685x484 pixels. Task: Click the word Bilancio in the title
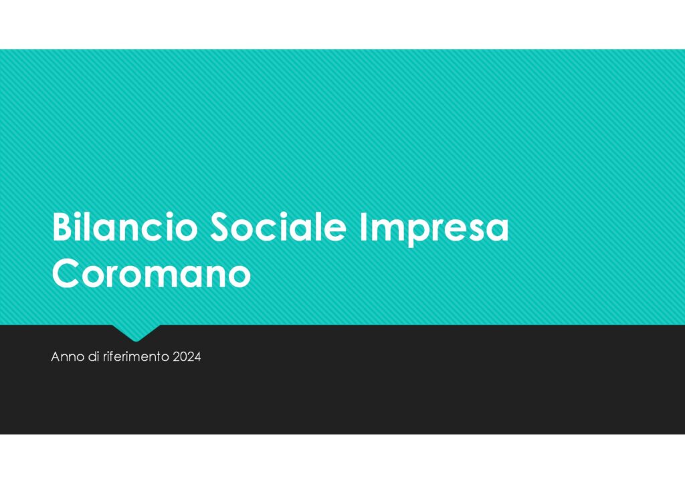click(x=125, y=227)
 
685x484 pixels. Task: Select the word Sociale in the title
click(x=279, y=227)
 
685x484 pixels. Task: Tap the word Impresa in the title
click(x=434, y=229)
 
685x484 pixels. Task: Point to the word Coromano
click(x=151, y=273)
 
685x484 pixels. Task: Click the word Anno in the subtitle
click(x=68, y=357)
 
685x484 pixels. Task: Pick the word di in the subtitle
click(x=94, y=356)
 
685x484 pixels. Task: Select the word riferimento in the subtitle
click(x=136, y=356)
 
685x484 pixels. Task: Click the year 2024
click(x=187, y=357)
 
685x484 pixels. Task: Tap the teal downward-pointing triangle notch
click(x=136, y=332)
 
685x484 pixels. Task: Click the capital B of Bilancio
click(x=62, y=227)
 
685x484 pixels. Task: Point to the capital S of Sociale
click(x=220, y=227)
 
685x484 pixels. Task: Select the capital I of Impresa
click(x=363, y=227)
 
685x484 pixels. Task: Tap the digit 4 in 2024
click(x=197, y=357)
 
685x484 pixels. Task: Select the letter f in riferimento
click(x=112, y=356)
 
